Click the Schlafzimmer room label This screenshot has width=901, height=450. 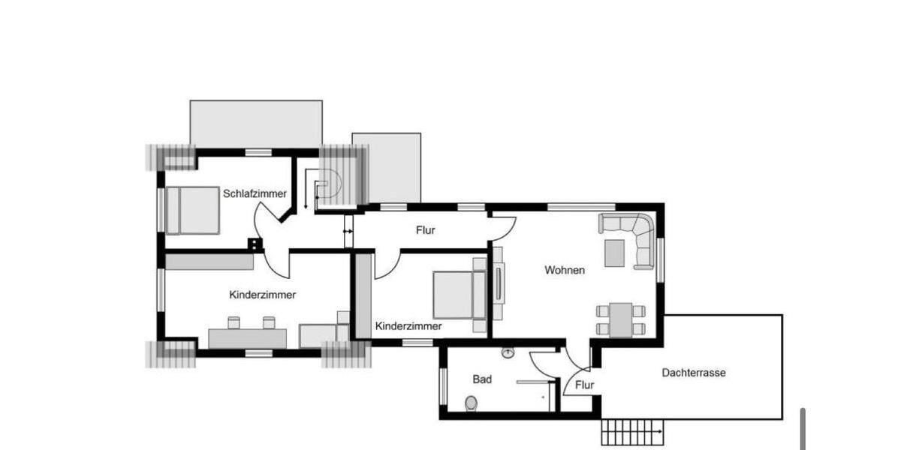[x=255, y=193]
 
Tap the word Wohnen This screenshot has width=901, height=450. [x=565, y=270]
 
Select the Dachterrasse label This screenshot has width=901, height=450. [x=693, y=372]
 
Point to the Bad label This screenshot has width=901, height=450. [x=482, y=379]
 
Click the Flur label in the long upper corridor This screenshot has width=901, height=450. [x=425, y=230]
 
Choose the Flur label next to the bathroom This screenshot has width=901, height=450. [x=584, y=385]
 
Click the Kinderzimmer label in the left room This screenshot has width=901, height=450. [x=262, y=295]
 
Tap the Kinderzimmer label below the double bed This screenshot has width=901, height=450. [x=408, y=326]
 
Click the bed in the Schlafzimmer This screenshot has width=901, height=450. [x=192, y=210]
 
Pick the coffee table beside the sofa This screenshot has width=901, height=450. [x=614, y=252]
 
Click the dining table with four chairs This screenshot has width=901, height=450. [x=620, y=319]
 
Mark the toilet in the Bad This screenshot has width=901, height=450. [x=471, y=403]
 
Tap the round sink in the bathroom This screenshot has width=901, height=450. [x=510, y=352]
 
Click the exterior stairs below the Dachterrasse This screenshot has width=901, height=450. [x=633, y=432]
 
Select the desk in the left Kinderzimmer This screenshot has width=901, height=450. [x=247, y=338]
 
